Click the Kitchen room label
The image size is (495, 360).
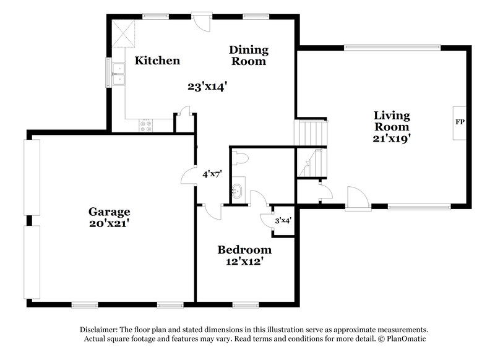click(158, 61)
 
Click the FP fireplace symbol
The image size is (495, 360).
click(459, 122)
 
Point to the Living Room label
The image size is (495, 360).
click(391, 121)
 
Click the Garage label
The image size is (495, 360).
click(109, 212)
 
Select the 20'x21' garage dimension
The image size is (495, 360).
click(109, 223)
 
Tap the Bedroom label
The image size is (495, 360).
click(244, 250)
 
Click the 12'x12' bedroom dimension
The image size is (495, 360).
click(244, 262)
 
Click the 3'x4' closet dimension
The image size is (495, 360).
click(284, 219)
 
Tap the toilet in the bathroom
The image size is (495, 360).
click(243, 158)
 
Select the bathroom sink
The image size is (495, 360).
click(238, 191)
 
